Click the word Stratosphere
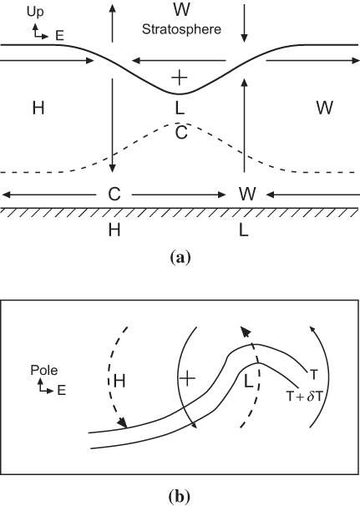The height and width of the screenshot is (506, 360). pos(181,30)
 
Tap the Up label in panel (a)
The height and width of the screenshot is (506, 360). pos(35,12)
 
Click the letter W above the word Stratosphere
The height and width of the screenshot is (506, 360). pos(181,9)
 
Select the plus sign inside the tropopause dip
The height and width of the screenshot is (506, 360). pos(179,78)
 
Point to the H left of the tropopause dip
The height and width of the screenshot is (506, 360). pos(38,108)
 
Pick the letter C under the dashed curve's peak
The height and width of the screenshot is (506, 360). pos(181,132)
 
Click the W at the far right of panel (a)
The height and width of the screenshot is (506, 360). pos(324,108)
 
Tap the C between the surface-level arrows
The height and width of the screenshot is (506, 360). pos(114,195)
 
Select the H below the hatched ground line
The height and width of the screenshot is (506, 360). pos(114,230)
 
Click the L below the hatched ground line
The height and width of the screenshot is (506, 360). pos(243,230)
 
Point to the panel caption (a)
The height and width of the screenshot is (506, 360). pos(180,258)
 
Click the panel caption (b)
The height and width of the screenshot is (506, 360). pos(180,496)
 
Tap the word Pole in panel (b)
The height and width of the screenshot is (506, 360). pos(44,370)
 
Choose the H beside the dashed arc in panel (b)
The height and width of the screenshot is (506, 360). pos(119,381)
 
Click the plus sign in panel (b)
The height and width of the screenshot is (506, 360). pos(188,378)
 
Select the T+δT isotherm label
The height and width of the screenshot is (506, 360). pos(305,397)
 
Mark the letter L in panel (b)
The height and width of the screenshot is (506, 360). pos(248,382)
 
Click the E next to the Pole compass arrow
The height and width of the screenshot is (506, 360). pos(62,391)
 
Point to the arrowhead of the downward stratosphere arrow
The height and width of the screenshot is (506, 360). pos(244,38)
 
